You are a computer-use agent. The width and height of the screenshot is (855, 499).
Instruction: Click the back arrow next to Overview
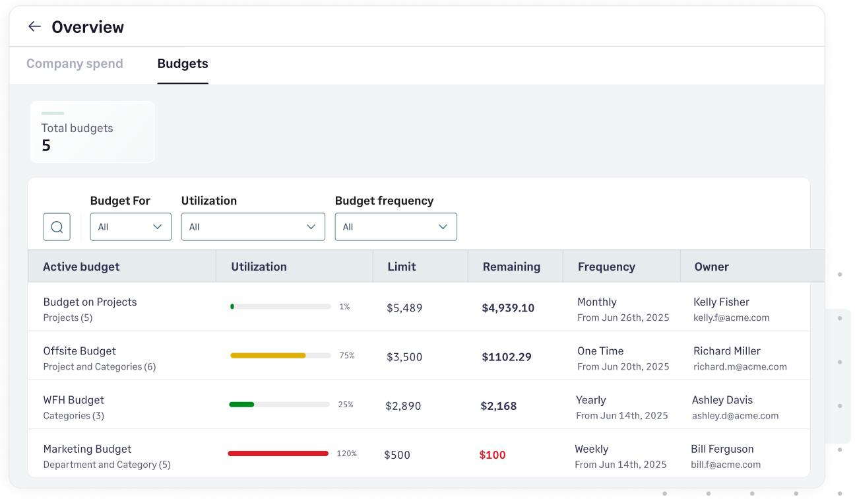(34, 26)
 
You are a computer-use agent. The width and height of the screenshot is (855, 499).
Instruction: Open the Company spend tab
(75, 64)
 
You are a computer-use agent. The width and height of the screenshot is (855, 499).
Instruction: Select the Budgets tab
(183, 64)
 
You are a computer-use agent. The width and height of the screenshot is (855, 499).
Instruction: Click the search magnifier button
(57, 227)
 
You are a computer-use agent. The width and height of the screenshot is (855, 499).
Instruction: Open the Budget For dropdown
(131, 227)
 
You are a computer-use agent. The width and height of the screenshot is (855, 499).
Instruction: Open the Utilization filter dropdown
(253, 227)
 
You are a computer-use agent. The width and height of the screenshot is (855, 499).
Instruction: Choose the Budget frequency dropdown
(396, 227)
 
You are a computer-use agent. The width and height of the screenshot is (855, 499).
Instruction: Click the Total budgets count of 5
(46, 146)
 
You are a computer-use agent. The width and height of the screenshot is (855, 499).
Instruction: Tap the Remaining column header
(511, 267)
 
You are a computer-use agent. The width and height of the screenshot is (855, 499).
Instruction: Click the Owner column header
(711, 267)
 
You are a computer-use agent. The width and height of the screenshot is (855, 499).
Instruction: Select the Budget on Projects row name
(90, 302)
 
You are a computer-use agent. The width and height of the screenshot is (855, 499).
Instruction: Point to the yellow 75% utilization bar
(268, 356)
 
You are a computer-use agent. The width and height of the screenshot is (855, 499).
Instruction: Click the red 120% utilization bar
(278, 453)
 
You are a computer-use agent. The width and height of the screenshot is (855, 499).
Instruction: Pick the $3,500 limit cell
(404, 357)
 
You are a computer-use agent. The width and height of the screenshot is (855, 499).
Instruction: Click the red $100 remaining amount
(492, 455)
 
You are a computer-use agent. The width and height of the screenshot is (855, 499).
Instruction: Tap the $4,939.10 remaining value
(508, 308)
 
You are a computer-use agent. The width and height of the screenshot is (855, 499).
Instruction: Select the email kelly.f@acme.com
(731, 317)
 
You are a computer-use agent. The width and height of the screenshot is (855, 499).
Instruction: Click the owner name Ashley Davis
(722, 400)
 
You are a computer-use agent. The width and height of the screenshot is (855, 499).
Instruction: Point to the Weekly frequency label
(591, 449)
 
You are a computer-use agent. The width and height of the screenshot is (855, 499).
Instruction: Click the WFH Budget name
(73, 400)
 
